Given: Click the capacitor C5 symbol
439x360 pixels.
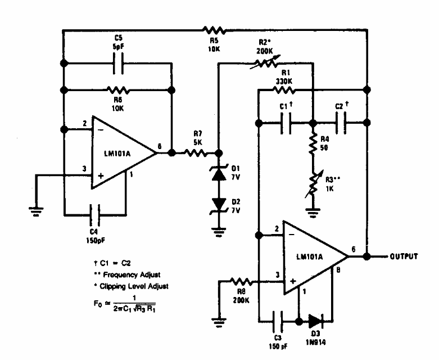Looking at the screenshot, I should (118, 64).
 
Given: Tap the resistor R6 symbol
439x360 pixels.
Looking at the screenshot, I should (117, 89).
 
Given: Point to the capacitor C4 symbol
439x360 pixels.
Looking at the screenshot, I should (96, 214).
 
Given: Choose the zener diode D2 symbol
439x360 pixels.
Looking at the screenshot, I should (219, 203).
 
